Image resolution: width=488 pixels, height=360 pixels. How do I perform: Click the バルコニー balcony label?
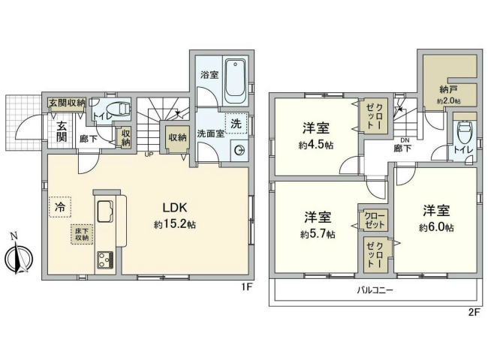[x=373, y=289]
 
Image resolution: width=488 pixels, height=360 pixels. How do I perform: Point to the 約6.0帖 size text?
[x=436, y=226]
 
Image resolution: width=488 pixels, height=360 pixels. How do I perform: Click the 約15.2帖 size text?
[x=175, y=224]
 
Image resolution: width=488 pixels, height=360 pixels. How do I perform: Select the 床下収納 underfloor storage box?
[x=81, y=233]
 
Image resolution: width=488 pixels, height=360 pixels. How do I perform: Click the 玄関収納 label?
[x=68, y=103]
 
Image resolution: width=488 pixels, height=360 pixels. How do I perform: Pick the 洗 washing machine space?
[x=236, y=123]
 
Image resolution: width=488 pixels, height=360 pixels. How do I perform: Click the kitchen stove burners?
[x=104, y=259]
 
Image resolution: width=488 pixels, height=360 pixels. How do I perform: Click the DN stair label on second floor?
[x=404, y=141]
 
